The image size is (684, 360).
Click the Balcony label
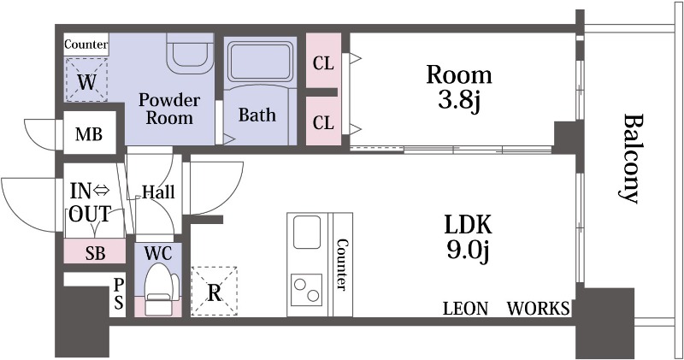click(630, 158)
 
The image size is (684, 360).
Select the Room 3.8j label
click(459, 87)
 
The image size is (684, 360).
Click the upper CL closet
click(323, 60)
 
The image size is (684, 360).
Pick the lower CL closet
click(323, 121)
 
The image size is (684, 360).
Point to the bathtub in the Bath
click(261, 61)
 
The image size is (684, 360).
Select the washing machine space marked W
click(86, 80)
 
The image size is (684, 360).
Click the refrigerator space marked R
click(215, 291)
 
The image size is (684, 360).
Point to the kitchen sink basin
click(307, 232)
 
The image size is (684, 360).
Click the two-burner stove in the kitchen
click(306, 289)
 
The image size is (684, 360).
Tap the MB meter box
click(89, 133)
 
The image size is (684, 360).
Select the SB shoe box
click(95, 251)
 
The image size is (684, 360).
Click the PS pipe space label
click(119, 293)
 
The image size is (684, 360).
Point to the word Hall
click(159, 192)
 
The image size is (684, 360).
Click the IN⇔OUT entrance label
click(91, 203)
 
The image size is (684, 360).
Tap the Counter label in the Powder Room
click(86, 44)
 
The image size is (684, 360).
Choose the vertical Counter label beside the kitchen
click(341, 264)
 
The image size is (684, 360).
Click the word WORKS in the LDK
click(539, 308)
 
